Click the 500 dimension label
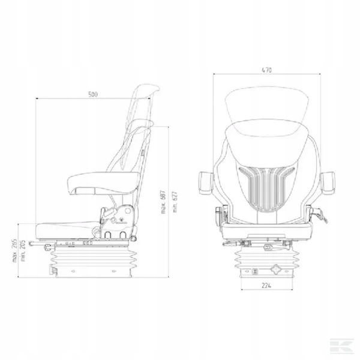pos(93,94)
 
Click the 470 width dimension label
pos(266,70)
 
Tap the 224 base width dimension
pos(266,286)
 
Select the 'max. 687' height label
pos(163,202)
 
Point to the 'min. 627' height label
pos(175,202)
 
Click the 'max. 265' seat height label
pos(14,250)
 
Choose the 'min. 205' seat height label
pos(23,251)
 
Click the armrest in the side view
pos(104,183)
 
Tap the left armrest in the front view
pos(206,183)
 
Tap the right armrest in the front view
pos(328,183)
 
